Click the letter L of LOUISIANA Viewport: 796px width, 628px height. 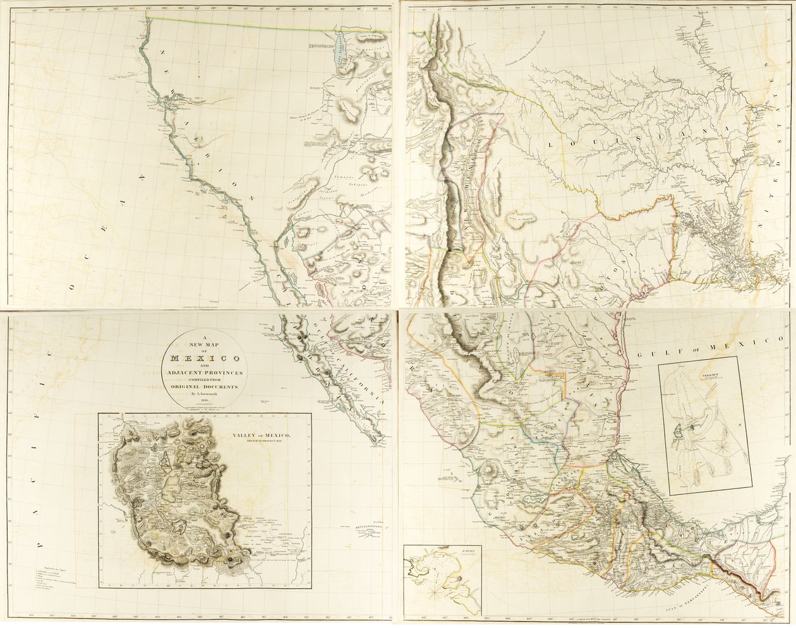550,145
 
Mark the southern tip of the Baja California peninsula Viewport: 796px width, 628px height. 381,437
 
